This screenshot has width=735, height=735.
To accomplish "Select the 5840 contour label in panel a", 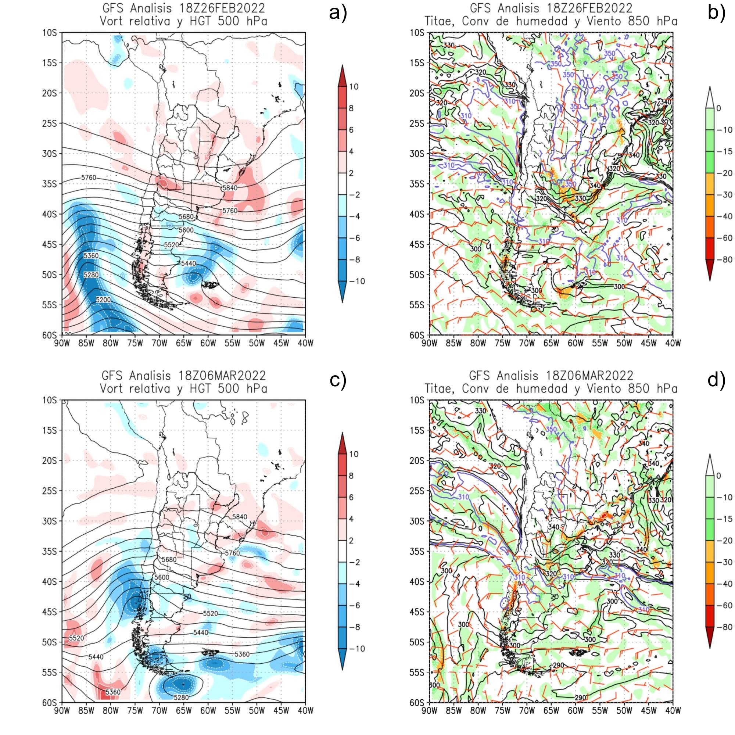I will click(x=229, y=187).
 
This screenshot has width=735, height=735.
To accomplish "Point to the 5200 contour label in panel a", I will click(x=103, y=300).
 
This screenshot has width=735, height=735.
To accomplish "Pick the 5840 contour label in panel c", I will click(x=240, y=517).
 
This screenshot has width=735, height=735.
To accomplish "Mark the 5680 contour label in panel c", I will click(x=169, y=560).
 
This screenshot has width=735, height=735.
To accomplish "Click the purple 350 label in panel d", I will click(x=551, y=430).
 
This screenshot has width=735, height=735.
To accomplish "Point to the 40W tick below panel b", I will click(x=673, y=343).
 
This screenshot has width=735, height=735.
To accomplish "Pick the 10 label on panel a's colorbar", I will click(x=354, y=87).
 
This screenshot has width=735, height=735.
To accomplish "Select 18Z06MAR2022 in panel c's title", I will click(x=222, y=376).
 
